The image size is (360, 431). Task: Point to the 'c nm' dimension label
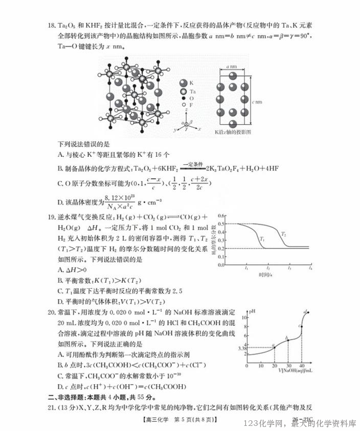(x=256, y=101)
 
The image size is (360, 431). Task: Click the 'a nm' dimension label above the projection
(x=232, y=67)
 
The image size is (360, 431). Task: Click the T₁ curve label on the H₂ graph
(x=262, y=239)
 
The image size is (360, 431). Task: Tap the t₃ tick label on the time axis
(x=289, y=269)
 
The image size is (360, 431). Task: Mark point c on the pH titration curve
(x=301, y=326)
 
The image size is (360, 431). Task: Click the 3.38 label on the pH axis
(x=242, y=349)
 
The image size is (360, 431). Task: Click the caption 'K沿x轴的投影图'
(x=233, y=132)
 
